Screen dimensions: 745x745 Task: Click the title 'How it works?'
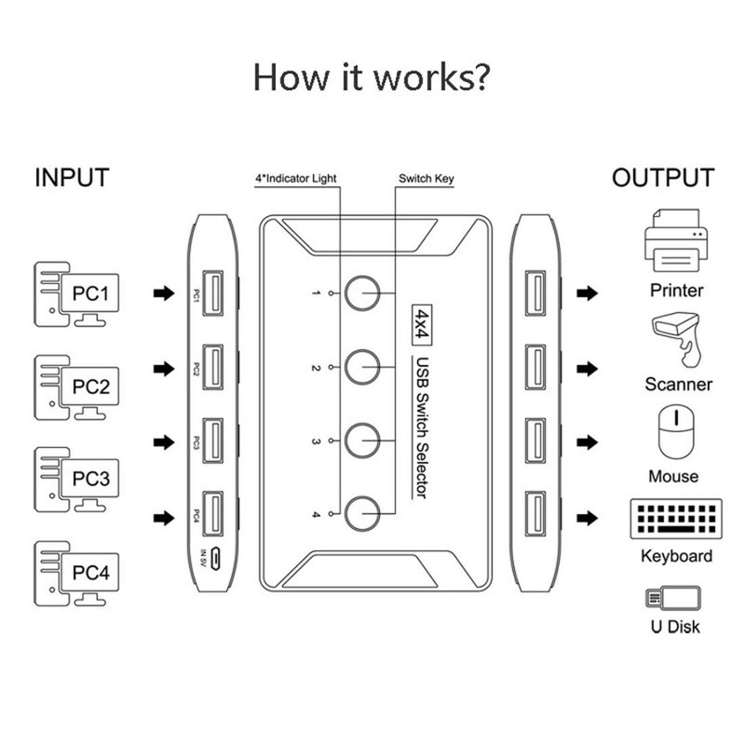(x=372, y=78)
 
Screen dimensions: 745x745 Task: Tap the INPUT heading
(x=72, y=178)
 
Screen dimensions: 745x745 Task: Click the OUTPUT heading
(x=663, y=178)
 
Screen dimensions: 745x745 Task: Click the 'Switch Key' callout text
(x=426, y=178)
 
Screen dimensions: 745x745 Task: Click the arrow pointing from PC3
(x=164, y=441)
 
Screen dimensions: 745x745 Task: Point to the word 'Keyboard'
(x=677, y=556)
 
